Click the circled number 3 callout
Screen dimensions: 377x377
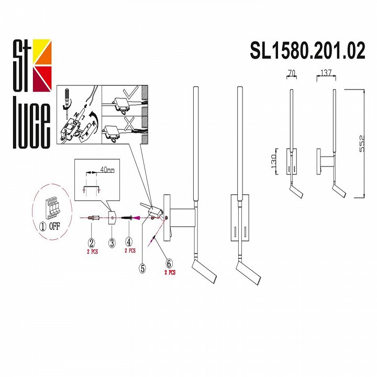(x=112, y=242)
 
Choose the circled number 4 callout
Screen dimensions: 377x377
(x=129, y=242)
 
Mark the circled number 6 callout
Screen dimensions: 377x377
(x=169, y=263)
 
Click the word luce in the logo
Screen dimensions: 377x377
(x=31, y=122)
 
